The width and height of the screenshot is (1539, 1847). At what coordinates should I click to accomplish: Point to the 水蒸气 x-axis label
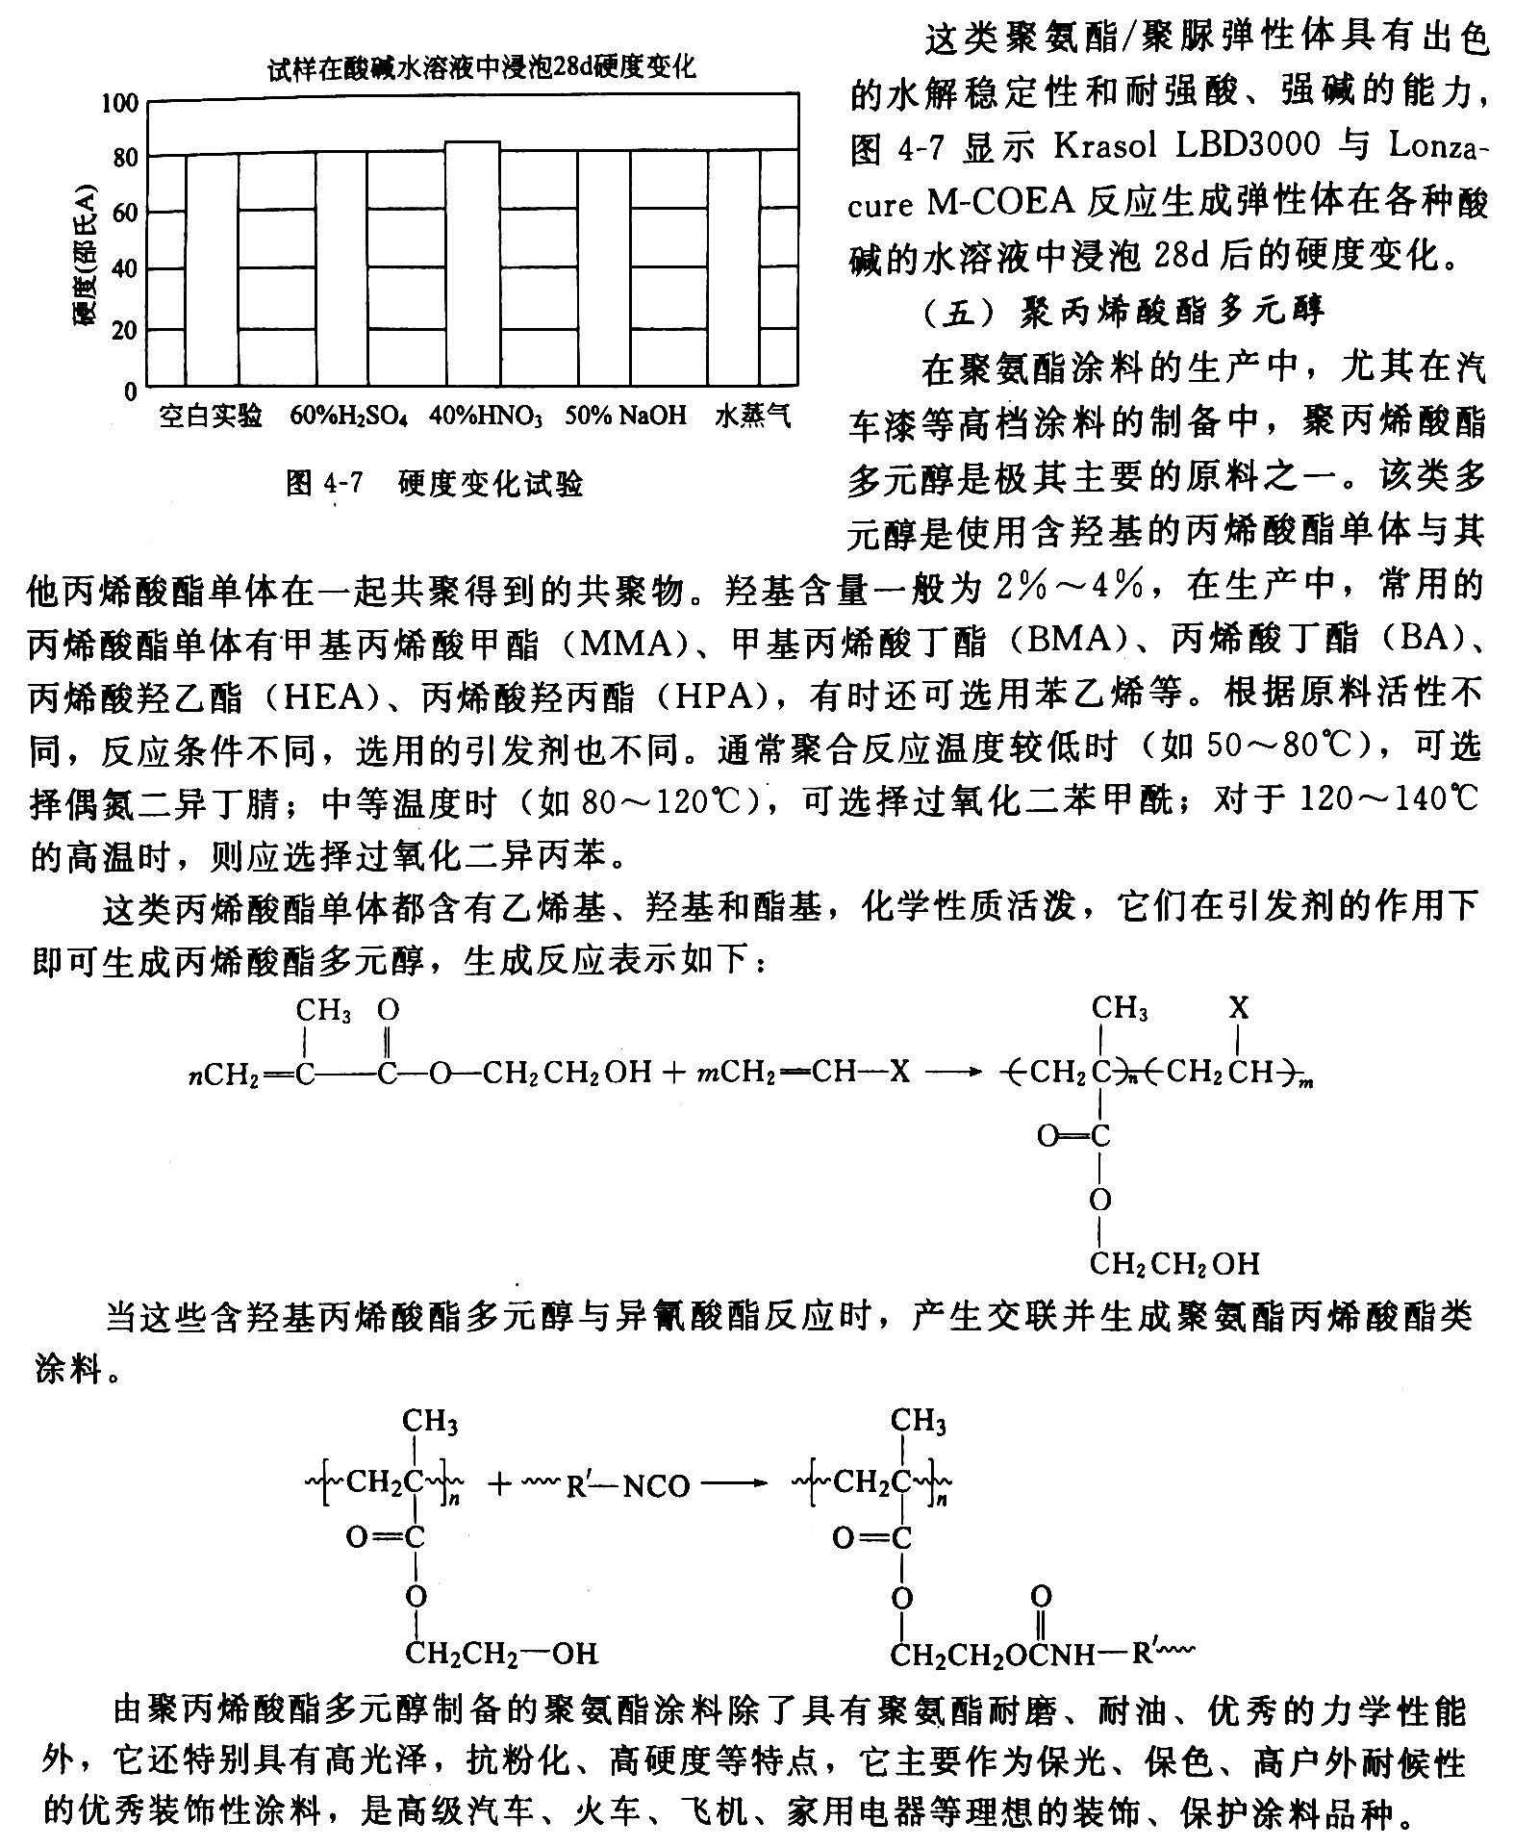point(753,416)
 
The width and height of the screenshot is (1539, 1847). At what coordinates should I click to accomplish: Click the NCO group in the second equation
point(656,1486)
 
